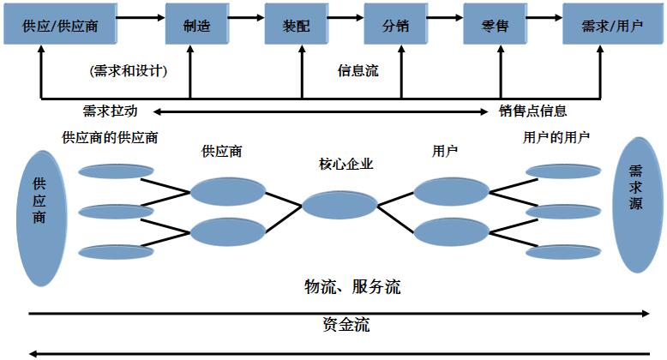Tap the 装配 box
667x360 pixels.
tap(297, 26)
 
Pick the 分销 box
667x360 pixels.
tap(396, 26)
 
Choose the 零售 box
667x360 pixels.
tap(496, 26)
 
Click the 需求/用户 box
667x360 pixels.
tap(612, 26)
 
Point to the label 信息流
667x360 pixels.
tap(358, 71)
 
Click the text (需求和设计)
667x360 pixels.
tap(129, 71)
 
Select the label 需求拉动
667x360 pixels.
tap(110, 111)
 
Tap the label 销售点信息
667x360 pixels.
tap(533, 111)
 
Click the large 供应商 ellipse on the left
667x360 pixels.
tap(39, 218)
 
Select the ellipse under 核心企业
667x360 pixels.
tap(340, 206)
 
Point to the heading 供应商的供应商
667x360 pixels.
tap(111, 136)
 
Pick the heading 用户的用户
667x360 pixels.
tap(556, 136)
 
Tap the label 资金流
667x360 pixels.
tap(346, 325)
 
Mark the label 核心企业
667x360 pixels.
tap(346, 164)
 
